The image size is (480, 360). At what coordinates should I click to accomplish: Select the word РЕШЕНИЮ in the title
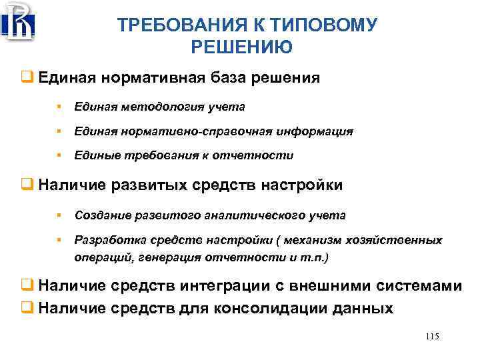click(241, 47)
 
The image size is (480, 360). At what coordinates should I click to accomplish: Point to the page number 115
click(431, 337)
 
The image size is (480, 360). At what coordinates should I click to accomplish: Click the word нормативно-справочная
click(203, 131)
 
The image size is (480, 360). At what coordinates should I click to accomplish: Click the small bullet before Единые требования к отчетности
click(59, 155)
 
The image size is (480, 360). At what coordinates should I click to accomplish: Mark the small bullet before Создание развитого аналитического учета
click(59, 215)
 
